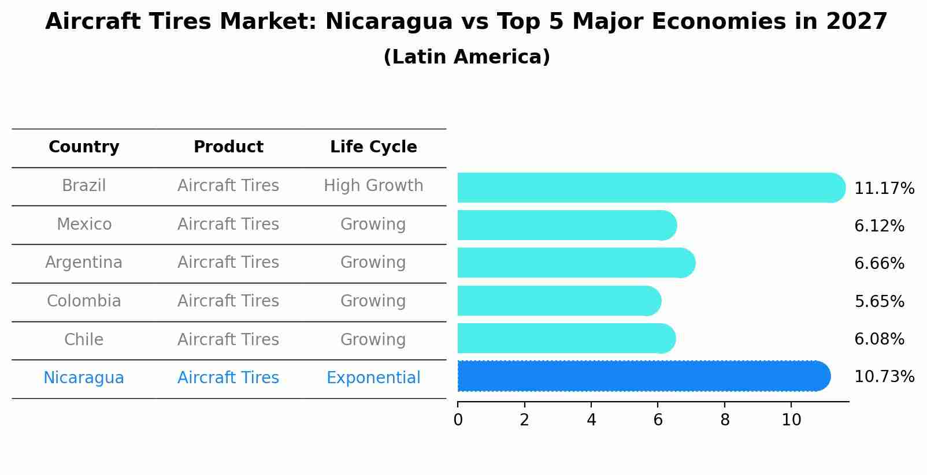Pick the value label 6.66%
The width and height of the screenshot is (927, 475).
point(878,264)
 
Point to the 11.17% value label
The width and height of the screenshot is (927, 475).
point(884,189)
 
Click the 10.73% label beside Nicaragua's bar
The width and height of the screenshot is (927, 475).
point(884,377)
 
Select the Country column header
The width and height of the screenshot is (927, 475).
point(84,147)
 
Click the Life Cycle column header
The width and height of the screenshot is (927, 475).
point(373,147)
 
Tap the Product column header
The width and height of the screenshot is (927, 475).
point(228,147)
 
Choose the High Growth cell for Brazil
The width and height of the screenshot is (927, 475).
point(373,186)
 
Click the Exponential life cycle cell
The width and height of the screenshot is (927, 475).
point(373,378)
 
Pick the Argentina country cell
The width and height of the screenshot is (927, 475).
point(84,263)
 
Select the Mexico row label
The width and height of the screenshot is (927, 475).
point(84,224)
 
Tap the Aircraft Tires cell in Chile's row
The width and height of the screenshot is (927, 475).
point(228,339)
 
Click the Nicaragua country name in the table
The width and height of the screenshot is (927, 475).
point(84,378)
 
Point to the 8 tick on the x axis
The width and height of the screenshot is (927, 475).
point(725,420)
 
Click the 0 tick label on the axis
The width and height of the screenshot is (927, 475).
point(458,420)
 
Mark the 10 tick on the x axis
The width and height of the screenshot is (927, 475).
point(791,420)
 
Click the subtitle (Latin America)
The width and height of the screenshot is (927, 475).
point(466,57)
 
